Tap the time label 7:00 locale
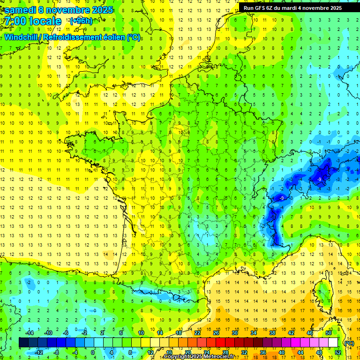point(32,21)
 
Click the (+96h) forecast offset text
point(81,21)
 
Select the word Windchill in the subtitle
point(22,37)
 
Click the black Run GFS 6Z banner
point(292,8)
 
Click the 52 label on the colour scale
point(338,352)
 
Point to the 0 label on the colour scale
point(93,352)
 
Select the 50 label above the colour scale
point(329,333)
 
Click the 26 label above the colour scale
point(216,333)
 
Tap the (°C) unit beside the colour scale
point(349,343)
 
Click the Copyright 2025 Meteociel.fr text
point(199,357)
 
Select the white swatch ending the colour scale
point(333,343)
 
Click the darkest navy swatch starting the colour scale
point(23,343)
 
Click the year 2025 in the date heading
point(102,10)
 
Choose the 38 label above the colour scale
point(272,333)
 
